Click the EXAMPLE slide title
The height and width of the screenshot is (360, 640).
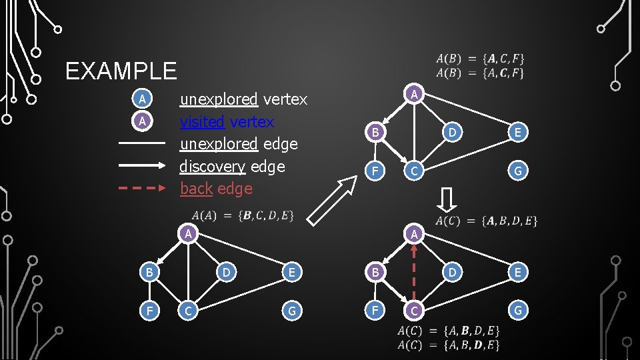point(121,71)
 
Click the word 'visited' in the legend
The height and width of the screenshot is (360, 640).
point(202,122)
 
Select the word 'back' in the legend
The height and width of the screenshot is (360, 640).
point(196,189)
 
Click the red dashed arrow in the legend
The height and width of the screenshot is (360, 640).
point(142,188)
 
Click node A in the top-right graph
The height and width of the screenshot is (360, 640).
point(414,95)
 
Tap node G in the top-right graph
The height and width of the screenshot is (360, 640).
point(517,171)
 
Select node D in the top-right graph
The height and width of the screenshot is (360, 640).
point(452,133)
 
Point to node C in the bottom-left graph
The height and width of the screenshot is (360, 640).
point(189,310)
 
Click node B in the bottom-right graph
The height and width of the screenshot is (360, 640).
point(375,272)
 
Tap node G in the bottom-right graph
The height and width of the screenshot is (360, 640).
point(517,310)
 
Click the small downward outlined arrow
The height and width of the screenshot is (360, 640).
point(448,199)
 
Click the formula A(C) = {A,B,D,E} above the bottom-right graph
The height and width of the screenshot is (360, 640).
point(486,221)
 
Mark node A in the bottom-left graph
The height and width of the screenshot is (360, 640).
point(189,234)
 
